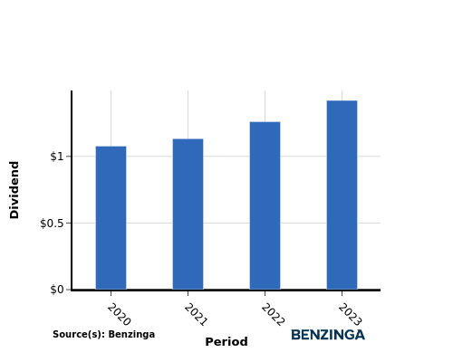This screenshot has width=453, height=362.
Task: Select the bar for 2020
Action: pyautogui.click(x=111, y=218)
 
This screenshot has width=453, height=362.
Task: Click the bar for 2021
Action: pyautogui.click(x=188, y=214)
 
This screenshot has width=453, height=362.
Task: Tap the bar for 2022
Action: pyautogui.click(x=265, y=205)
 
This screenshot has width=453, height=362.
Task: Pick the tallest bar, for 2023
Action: pyautogui.click(x=342, y=195)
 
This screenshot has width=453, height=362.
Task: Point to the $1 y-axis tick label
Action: pyautogui.click(x=57, y=157)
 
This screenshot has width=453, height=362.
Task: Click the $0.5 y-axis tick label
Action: pyautogui.click(x=52, y=224)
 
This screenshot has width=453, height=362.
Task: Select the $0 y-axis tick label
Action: pyautogui.click(x=57, y=290)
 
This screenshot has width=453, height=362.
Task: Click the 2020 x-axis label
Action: pyautogui.click(x=119, y=315)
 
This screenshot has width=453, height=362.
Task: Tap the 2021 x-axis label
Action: pyautogui.click(x=196, y=315)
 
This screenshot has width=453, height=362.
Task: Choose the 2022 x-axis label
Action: pyautogui.click(x=273, y=315)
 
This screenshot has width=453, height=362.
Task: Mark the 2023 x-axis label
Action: pyautogui.click(x=350, y=315)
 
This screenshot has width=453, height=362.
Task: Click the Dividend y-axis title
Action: pyautogui.click(x=14, y=190)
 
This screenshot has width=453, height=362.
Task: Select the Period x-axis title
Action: pyautogui.click(x=226, y=342)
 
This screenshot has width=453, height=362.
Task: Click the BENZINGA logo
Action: pyautogui.click(x=328, y=335)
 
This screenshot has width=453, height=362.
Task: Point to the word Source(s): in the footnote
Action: pyautogui.click(x=79, y=335)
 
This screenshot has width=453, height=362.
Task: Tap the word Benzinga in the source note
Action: pyautogui.click(x=131, y=335)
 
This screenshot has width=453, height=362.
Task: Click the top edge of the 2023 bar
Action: pyautogui.click(x=342, y=100)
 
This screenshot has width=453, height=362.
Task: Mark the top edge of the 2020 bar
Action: pyautogui.click(x=111, y=147)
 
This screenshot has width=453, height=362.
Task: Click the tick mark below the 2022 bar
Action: pyautogui.click(x=265, y=293)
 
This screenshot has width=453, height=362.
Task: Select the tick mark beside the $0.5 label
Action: pyautogui.click(x=69, y=224)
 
